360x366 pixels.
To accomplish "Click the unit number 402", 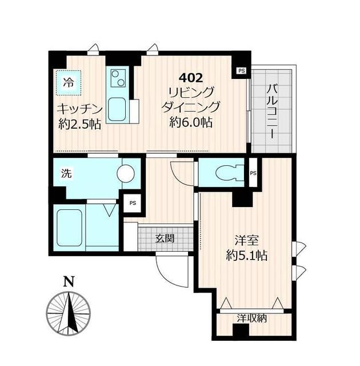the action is click(191, 78).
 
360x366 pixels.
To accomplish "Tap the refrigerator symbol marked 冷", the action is click(69, 82).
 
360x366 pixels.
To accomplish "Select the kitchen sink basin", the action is click(117, 109).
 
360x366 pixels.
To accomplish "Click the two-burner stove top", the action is click(118, 78).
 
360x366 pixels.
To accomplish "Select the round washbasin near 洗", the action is click(126, 173).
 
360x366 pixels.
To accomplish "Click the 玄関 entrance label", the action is click(165, 238).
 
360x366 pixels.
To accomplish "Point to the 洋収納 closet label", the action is click(251, 318).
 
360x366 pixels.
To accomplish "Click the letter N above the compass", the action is click(69, 281).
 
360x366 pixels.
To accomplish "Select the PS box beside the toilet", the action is click(253, 173).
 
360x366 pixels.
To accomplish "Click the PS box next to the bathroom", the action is click(133, 203).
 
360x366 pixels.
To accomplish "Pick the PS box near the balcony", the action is click(241, 70).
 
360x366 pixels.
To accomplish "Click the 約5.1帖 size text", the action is click(247, 256).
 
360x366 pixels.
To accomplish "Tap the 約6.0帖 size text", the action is click(191, 122).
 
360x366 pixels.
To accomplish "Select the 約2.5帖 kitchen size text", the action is click(79, 125).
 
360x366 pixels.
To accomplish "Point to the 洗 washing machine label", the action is click(66, 174).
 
